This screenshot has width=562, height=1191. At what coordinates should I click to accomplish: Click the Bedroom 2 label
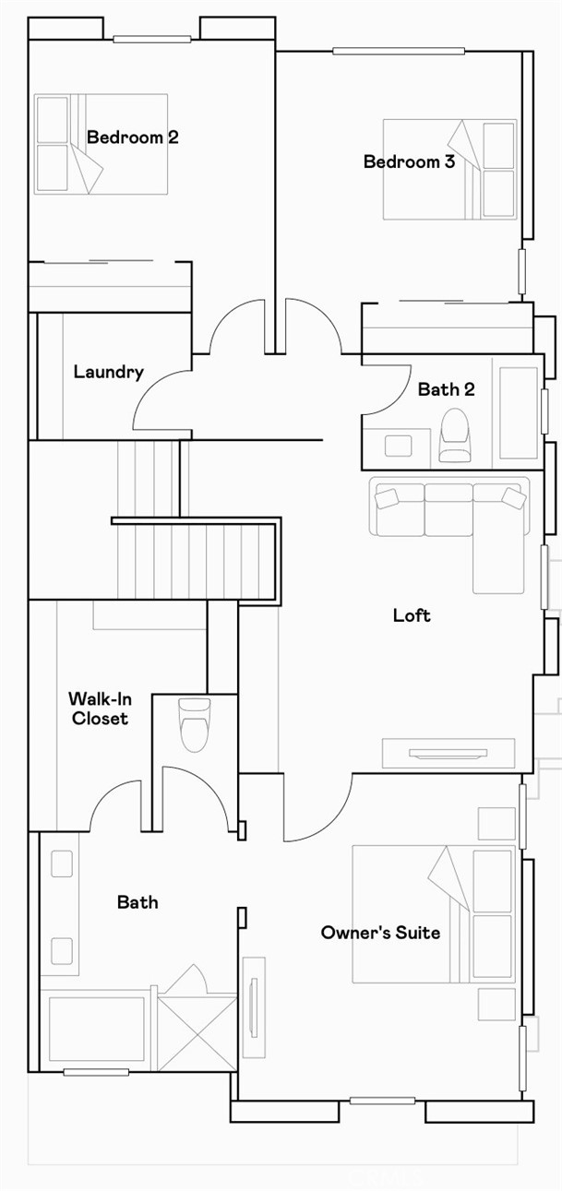coord(132,137)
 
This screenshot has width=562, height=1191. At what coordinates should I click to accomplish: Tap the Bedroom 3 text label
coord(409,162)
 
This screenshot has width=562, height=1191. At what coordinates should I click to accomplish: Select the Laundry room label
coord(108,373)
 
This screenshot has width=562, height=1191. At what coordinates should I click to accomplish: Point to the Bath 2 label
coord(446,389)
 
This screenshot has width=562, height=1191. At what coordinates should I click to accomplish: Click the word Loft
coord(412,615)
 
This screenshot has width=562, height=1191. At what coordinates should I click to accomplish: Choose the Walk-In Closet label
coord(98,709)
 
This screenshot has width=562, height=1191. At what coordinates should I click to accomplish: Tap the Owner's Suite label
coord(380,933)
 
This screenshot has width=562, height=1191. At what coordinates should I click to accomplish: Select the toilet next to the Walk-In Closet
coord(194,723)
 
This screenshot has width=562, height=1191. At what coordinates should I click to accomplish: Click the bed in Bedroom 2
coord(101,144)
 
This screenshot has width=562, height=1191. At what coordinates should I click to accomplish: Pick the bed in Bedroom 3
coord(449,169)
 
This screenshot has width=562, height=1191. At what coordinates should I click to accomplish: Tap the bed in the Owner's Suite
coord(433,913)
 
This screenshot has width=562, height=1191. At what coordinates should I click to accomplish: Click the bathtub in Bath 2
coord(518,411)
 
